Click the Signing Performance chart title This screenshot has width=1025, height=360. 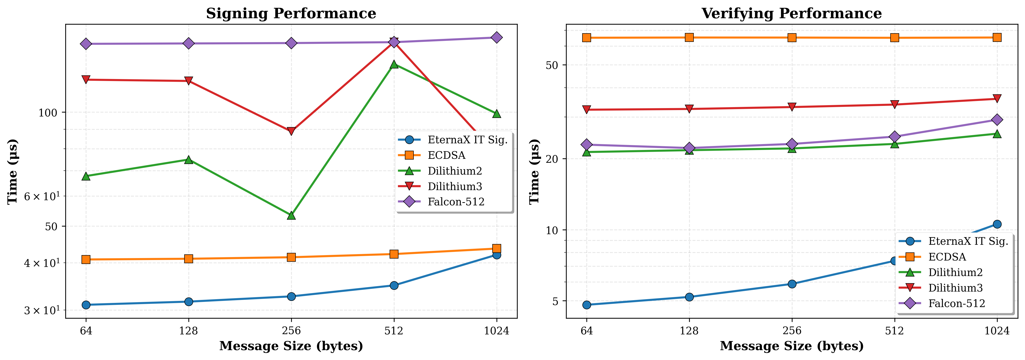click(291, 14)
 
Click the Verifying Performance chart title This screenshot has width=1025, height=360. click(792, 14)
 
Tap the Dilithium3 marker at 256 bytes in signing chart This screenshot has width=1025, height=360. click(291, 131)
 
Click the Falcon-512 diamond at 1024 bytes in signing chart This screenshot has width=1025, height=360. click(496, 37)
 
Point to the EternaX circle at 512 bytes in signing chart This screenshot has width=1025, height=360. click(394, 285)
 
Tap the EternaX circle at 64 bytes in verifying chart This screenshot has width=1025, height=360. click(587, 305)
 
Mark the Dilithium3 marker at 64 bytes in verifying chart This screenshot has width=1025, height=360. click(587, 109)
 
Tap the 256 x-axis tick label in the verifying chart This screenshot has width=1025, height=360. click(792, 330)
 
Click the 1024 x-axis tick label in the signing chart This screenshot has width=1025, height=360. click(496, 330)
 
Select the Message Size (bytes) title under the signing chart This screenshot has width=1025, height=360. click(291, 346)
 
